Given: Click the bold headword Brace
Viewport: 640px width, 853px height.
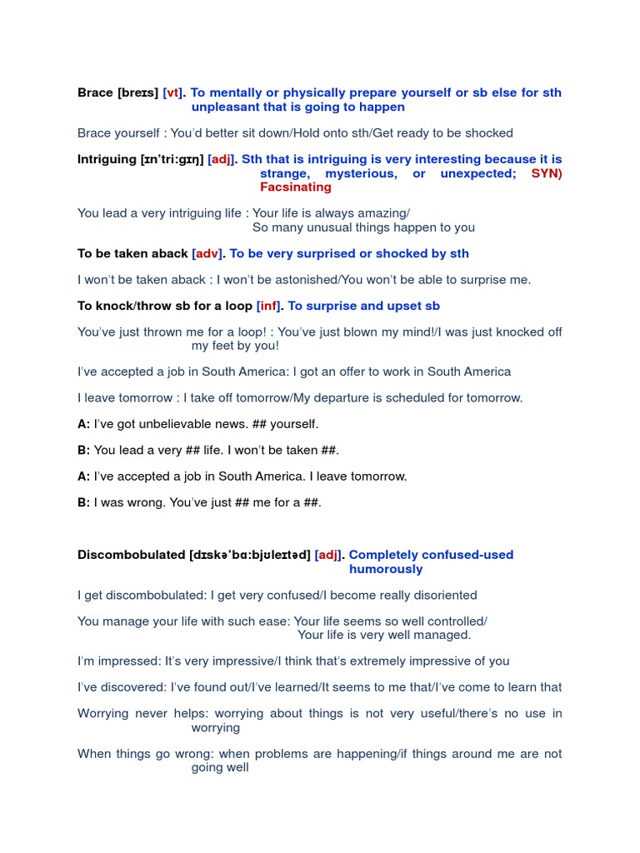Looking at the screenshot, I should [95, 92].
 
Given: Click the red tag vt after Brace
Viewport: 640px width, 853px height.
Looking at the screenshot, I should [172, 92].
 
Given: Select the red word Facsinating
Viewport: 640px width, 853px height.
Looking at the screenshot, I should [295, 187].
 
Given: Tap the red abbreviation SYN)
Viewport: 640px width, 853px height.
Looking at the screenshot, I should [547, 173].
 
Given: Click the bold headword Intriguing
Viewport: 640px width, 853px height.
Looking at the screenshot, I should [107, 159].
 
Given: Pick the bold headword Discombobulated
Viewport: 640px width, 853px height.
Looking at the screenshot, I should [131, 555].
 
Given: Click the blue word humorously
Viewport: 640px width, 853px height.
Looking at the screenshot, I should [386, 569].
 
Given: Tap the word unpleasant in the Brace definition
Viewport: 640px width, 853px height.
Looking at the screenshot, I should [226, 107].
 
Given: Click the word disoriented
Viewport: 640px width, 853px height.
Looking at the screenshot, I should [443, 596].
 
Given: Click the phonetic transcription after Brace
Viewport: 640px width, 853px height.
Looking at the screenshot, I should [138, 92].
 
